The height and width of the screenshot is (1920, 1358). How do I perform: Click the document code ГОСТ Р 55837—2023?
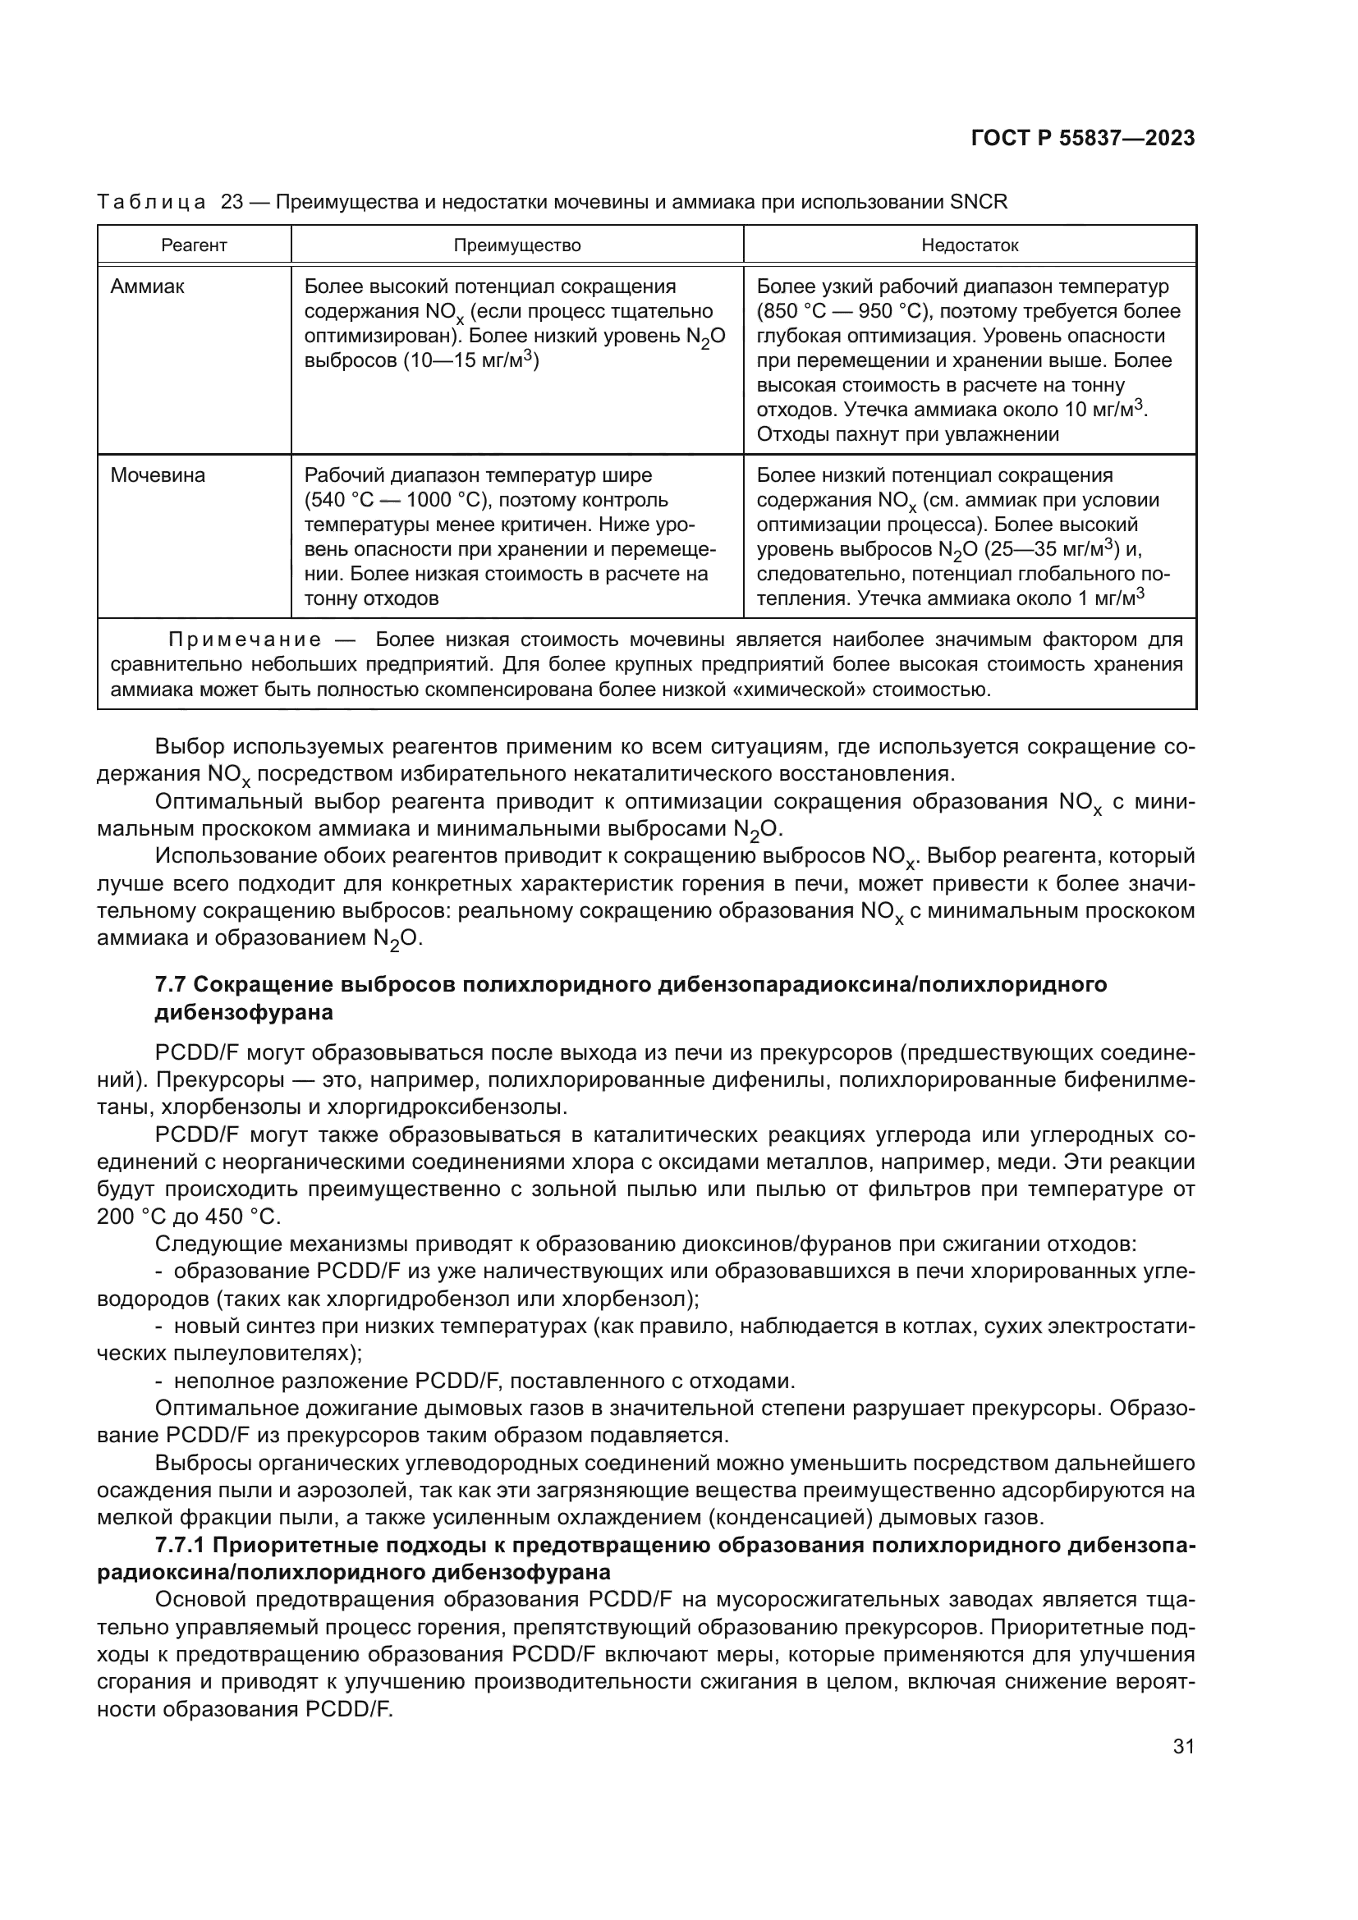tap(1082, 139)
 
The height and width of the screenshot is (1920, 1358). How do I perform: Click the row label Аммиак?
tap(147, 286)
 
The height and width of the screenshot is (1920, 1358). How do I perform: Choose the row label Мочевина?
tap(157, 476)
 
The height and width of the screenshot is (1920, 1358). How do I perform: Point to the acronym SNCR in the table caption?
tap(979, 202)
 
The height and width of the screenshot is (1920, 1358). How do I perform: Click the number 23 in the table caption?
tap(232, 202)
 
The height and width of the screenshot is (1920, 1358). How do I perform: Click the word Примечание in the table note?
tap(245, 640)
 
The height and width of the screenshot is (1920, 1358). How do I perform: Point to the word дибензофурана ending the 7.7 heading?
tap(244, 1013)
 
